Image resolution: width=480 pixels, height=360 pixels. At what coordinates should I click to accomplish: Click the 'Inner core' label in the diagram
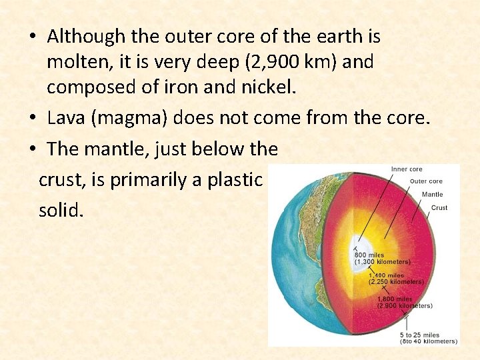click(x=406, y=169)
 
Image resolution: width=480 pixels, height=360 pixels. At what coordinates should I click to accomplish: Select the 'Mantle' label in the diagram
click(x=432, y=195)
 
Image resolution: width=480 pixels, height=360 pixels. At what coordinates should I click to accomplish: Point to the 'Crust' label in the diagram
click(x=439, y=208)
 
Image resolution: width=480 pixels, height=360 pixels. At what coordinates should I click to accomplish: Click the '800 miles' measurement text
click(x=370, y=255)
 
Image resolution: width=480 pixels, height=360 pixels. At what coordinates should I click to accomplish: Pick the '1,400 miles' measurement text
click(x=387, y=275)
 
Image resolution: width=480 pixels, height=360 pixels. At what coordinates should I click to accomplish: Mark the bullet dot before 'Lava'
click(x=33, y=119)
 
